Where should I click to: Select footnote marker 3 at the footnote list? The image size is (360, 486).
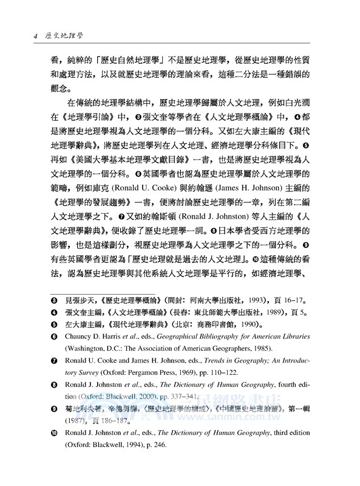53,299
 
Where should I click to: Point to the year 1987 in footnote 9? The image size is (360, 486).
69,436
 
